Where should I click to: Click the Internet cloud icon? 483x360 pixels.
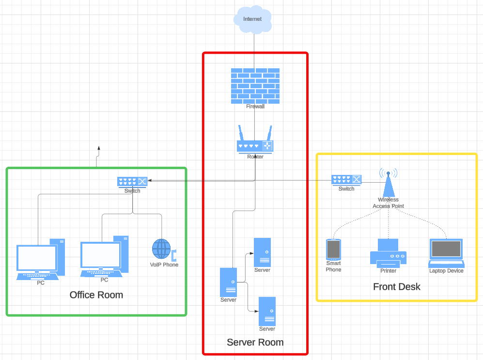coord(252,19)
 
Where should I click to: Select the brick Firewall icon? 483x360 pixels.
coord(255,85)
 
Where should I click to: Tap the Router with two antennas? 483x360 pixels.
coord(255,142)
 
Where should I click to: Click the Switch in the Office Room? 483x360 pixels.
coord(132,182)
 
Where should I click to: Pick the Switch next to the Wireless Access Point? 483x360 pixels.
coord(346,180)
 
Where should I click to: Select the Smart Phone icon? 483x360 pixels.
coord(333,250)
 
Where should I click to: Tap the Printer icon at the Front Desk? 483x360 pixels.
coord(388,253)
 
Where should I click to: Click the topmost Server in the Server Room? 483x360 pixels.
coord(262,252)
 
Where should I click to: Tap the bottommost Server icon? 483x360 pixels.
coord(267,311)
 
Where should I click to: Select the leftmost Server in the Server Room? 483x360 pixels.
coord(228,282)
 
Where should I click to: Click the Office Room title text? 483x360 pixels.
coord(96,295)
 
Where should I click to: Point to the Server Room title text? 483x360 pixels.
coord(255,342)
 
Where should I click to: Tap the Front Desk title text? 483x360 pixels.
coord(396,286)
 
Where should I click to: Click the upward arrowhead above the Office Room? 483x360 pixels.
coord(99,148)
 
